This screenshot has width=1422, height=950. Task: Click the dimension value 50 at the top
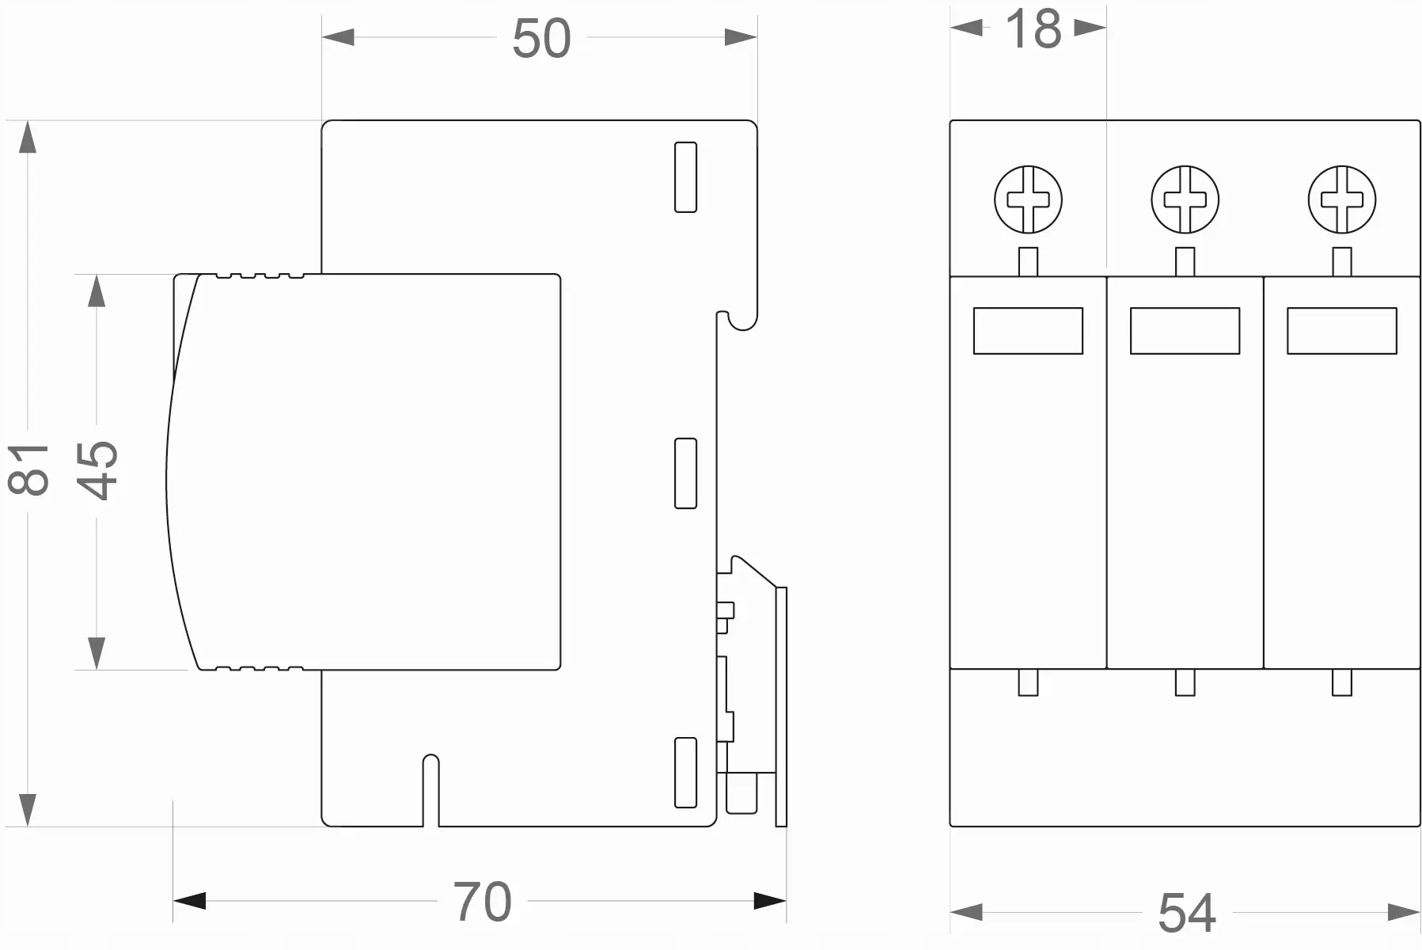(x=541, y=38)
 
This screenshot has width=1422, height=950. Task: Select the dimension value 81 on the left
(x=28, y=469)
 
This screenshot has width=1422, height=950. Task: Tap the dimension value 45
(x=98, y=469)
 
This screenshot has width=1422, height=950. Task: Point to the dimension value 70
(x=482, y=901)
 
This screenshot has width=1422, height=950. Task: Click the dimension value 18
(x=1033, y=29)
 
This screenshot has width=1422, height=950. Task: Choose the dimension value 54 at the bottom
(x=1186, y=913)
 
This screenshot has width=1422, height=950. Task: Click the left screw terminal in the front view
(x=1028, y=199)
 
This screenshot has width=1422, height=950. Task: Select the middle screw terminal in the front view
(x=1185, y=199)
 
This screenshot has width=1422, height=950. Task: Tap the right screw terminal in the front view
(x=1341, y=199)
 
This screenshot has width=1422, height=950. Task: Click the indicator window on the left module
(x=1028, y=331)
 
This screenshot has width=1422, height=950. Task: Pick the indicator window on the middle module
(x=1185, y=331)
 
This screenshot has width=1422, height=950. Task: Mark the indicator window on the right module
(x=1341, y=331)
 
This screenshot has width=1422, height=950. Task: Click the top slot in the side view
(x=685, y=177)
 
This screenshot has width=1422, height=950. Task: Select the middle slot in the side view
(x=685, y=473)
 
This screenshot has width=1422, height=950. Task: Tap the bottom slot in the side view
(x=685, y=773)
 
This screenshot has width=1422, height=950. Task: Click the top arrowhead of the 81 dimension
(x=28, y=136)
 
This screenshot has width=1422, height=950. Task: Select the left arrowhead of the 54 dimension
(x=965, y=913)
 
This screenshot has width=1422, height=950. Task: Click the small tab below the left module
(x=1028, y=682)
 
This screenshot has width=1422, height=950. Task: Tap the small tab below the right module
(x=1341, y=682)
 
